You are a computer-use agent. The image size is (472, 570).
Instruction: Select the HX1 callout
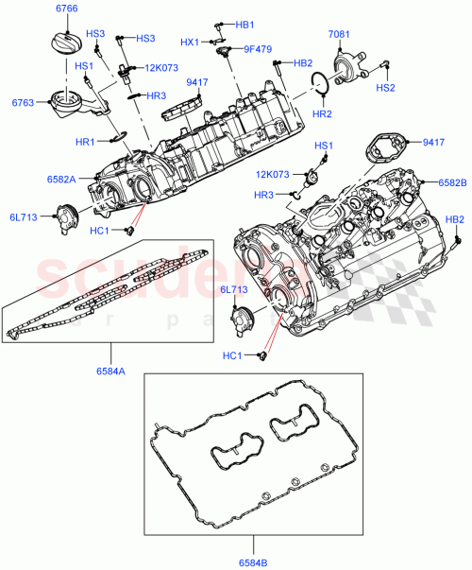click(x=190, y=42)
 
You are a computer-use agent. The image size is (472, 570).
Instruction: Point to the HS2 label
click(x=385, y=87)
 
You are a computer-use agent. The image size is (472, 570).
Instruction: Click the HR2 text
click(x=322, y=113)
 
